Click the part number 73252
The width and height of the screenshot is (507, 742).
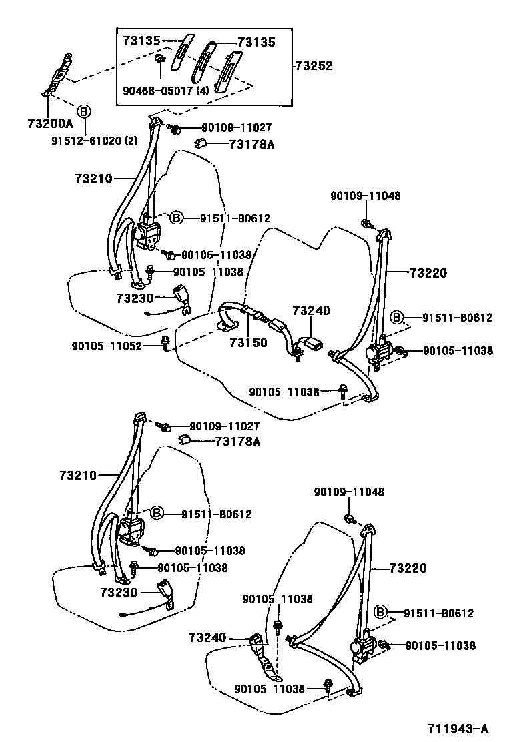coord(315,66)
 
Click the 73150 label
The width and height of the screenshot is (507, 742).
coord(248,342)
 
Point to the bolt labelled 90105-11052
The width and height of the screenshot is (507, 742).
coord(164,345)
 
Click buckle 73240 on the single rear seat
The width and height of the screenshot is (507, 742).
coord(258,643)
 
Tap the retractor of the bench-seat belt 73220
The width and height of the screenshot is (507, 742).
coord(383,350)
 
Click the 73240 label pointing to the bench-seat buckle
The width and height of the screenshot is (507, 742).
coord(311,311)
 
